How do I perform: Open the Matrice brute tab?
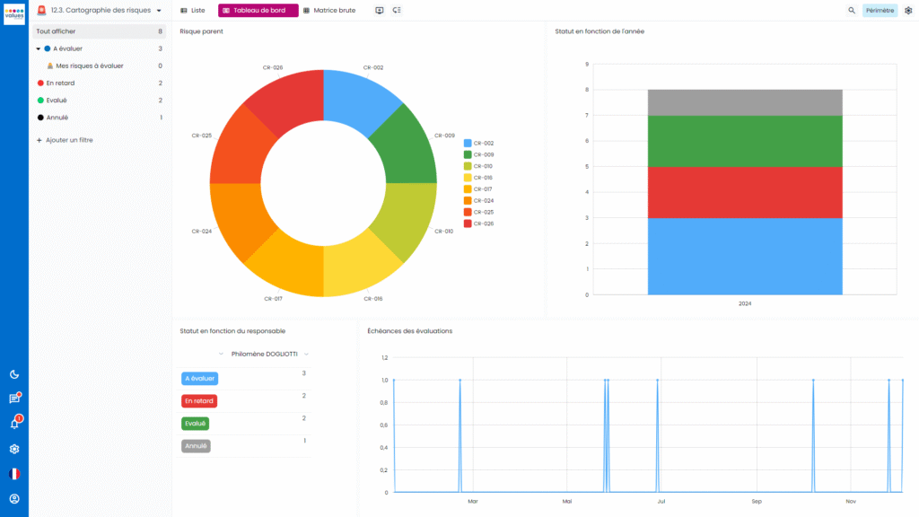[329, 10]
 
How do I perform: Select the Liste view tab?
[193, 10]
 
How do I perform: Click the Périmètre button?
[880, 11]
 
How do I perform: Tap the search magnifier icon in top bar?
[852, 11]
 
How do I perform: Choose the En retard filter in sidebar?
[59, 83]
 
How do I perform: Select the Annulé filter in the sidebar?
[57, 118]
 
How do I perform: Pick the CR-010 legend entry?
[483, 166]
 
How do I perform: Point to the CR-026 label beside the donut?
[274, 67]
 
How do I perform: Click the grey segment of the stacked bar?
[745, 102]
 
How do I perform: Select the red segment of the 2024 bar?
[745, 192]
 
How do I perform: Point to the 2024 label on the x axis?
[745, 303]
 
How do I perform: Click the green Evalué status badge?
[196, 424]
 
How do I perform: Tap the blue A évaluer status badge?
[199, 379]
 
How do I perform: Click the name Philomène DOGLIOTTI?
[264, 354]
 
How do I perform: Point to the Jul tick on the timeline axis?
[661, 501]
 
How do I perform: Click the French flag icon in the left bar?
[14, 474]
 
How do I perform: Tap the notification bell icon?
[14, 424]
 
